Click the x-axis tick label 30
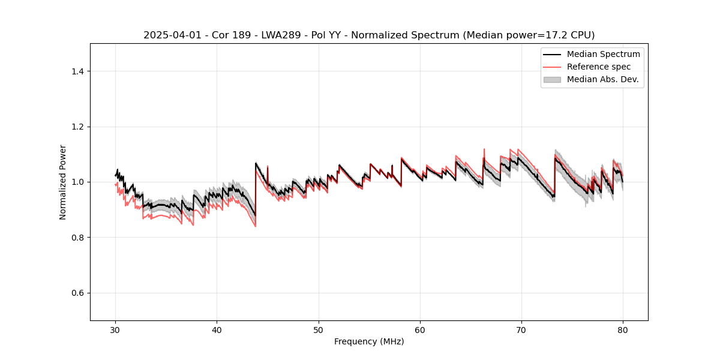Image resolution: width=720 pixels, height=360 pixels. pos(116,330)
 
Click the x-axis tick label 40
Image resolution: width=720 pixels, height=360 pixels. pos(217,330)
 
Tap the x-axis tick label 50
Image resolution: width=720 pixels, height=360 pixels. pos(319,330)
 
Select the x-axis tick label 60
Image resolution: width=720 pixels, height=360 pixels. pos(420,330)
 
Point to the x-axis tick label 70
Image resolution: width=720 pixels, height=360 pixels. pos(521,330)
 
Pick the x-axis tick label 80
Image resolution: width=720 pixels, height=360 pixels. pos(623,330)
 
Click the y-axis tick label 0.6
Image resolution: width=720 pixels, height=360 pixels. pos(77,293)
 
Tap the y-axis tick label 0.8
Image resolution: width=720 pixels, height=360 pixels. pos(77,238)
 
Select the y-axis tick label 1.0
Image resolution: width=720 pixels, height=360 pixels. pos(77,182)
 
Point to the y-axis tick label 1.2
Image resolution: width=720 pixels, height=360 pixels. pos(77,127)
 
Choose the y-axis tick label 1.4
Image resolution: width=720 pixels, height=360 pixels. pos(77,71)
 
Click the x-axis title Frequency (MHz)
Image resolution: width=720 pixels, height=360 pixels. pos(369,341)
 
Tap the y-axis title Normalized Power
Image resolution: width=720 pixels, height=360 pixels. pos(63,182)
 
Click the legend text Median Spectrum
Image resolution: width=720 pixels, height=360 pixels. pos(603,54)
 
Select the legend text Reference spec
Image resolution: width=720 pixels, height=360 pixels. pos(599,67)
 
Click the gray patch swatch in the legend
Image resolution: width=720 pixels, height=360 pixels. pos(552,79)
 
